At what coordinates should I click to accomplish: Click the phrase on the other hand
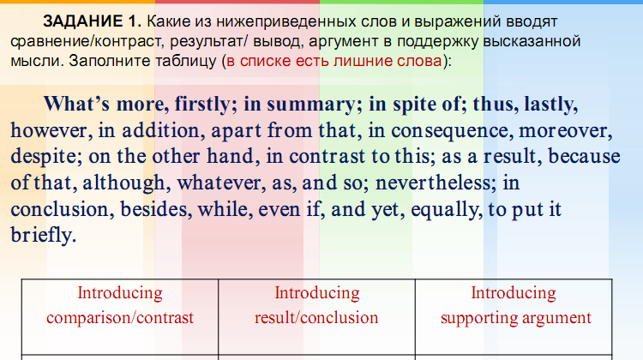(x=189, y=158)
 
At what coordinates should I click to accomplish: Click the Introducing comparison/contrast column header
(x=120, y=305)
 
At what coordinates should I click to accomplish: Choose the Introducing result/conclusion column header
(x=316, y=305)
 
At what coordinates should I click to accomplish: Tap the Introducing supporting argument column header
(x=515, y=305)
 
